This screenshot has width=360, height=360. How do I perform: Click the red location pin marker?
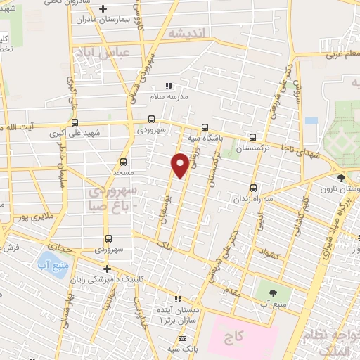[180, 165]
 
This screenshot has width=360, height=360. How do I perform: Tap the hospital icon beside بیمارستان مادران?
[103, 9]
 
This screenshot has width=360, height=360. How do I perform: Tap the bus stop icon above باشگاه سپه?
[205, 127]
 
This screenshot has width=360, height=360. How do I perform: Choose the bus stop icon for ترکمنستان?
[252, 138]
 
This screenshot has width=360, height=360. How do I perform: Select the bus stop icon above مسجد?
[124, 161]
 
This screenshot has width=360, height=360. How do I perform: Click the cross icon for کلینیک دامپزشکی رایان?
[107, 269]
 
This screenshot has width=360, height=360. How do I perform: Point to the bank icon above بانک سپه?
[182, 339]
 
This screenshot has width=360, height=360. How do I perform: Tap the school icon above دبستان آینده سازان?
[177, 298]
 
